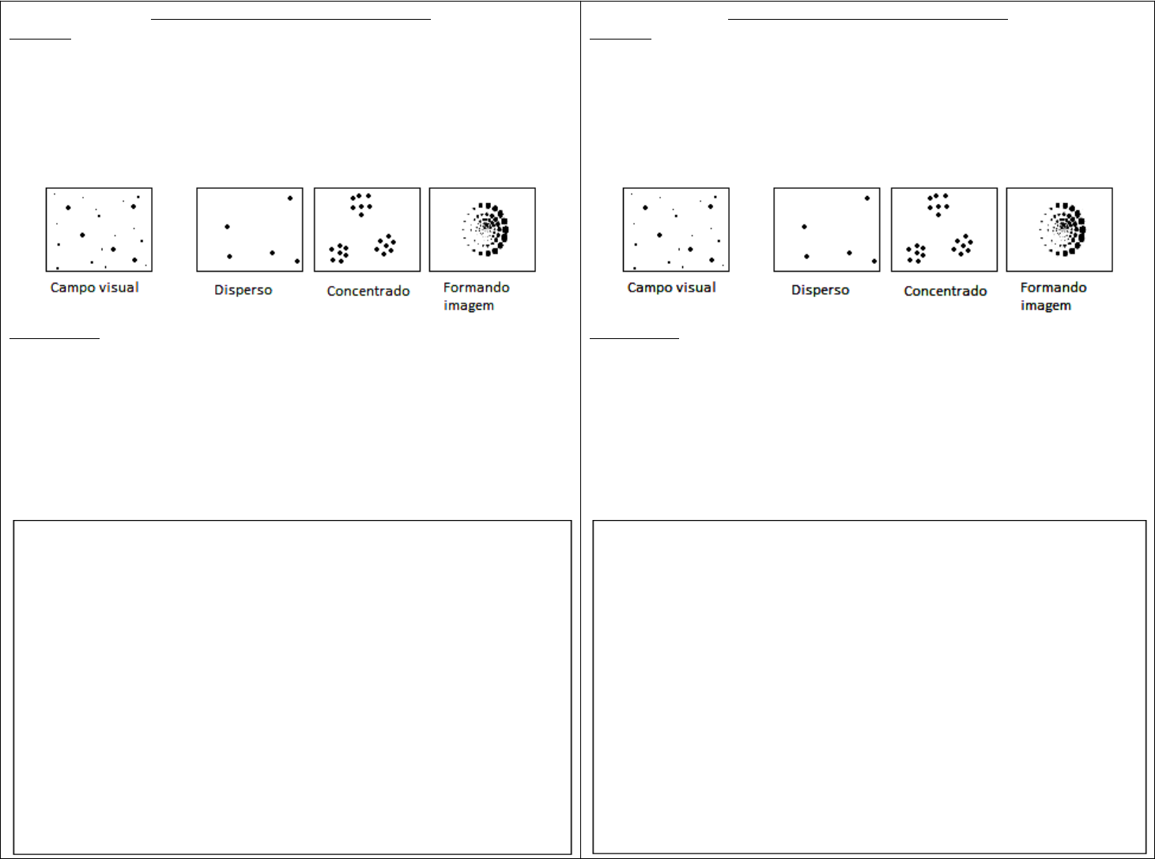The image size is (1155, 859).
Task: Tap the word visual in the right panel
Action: point(696,288)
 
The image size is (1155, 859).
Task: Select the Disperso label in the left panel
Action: point(243,291)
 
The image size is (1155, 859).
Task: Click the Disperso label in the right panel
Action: point(820,291)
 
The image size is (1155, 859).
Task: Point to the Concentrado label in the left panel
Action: point(368,291)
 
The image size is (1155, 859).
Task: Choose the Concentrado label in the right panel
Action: point(946,291)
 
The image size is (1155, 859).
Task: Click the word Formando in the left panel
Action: point(477,288)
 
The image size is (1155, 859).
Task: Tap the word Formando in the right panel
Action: point(1054,288)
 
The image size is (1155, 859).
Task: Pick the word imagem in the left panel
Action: point(469,306)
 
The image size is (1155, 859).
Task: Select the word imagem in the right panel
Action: point(1046,306)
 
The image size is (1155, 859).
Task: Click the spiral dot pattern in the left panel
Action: point(486,229)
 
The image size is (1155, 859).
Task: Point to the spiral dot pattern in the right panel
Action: point(1063,229)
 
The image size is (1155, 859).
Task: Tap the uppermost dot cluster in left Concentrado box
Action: point(360,205)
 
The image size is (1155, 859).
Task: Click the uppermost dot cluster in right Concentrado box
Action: point(938,205)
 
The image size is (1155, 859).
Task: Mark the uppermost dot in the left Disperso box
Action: point(290,198)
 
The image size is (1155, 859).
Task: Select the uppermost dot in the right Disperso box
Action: point(867,198)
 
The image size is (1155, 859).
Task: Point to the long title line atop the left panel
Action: point(291,19)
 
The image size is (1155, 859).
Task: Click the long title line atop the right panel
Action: point(867,19)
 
